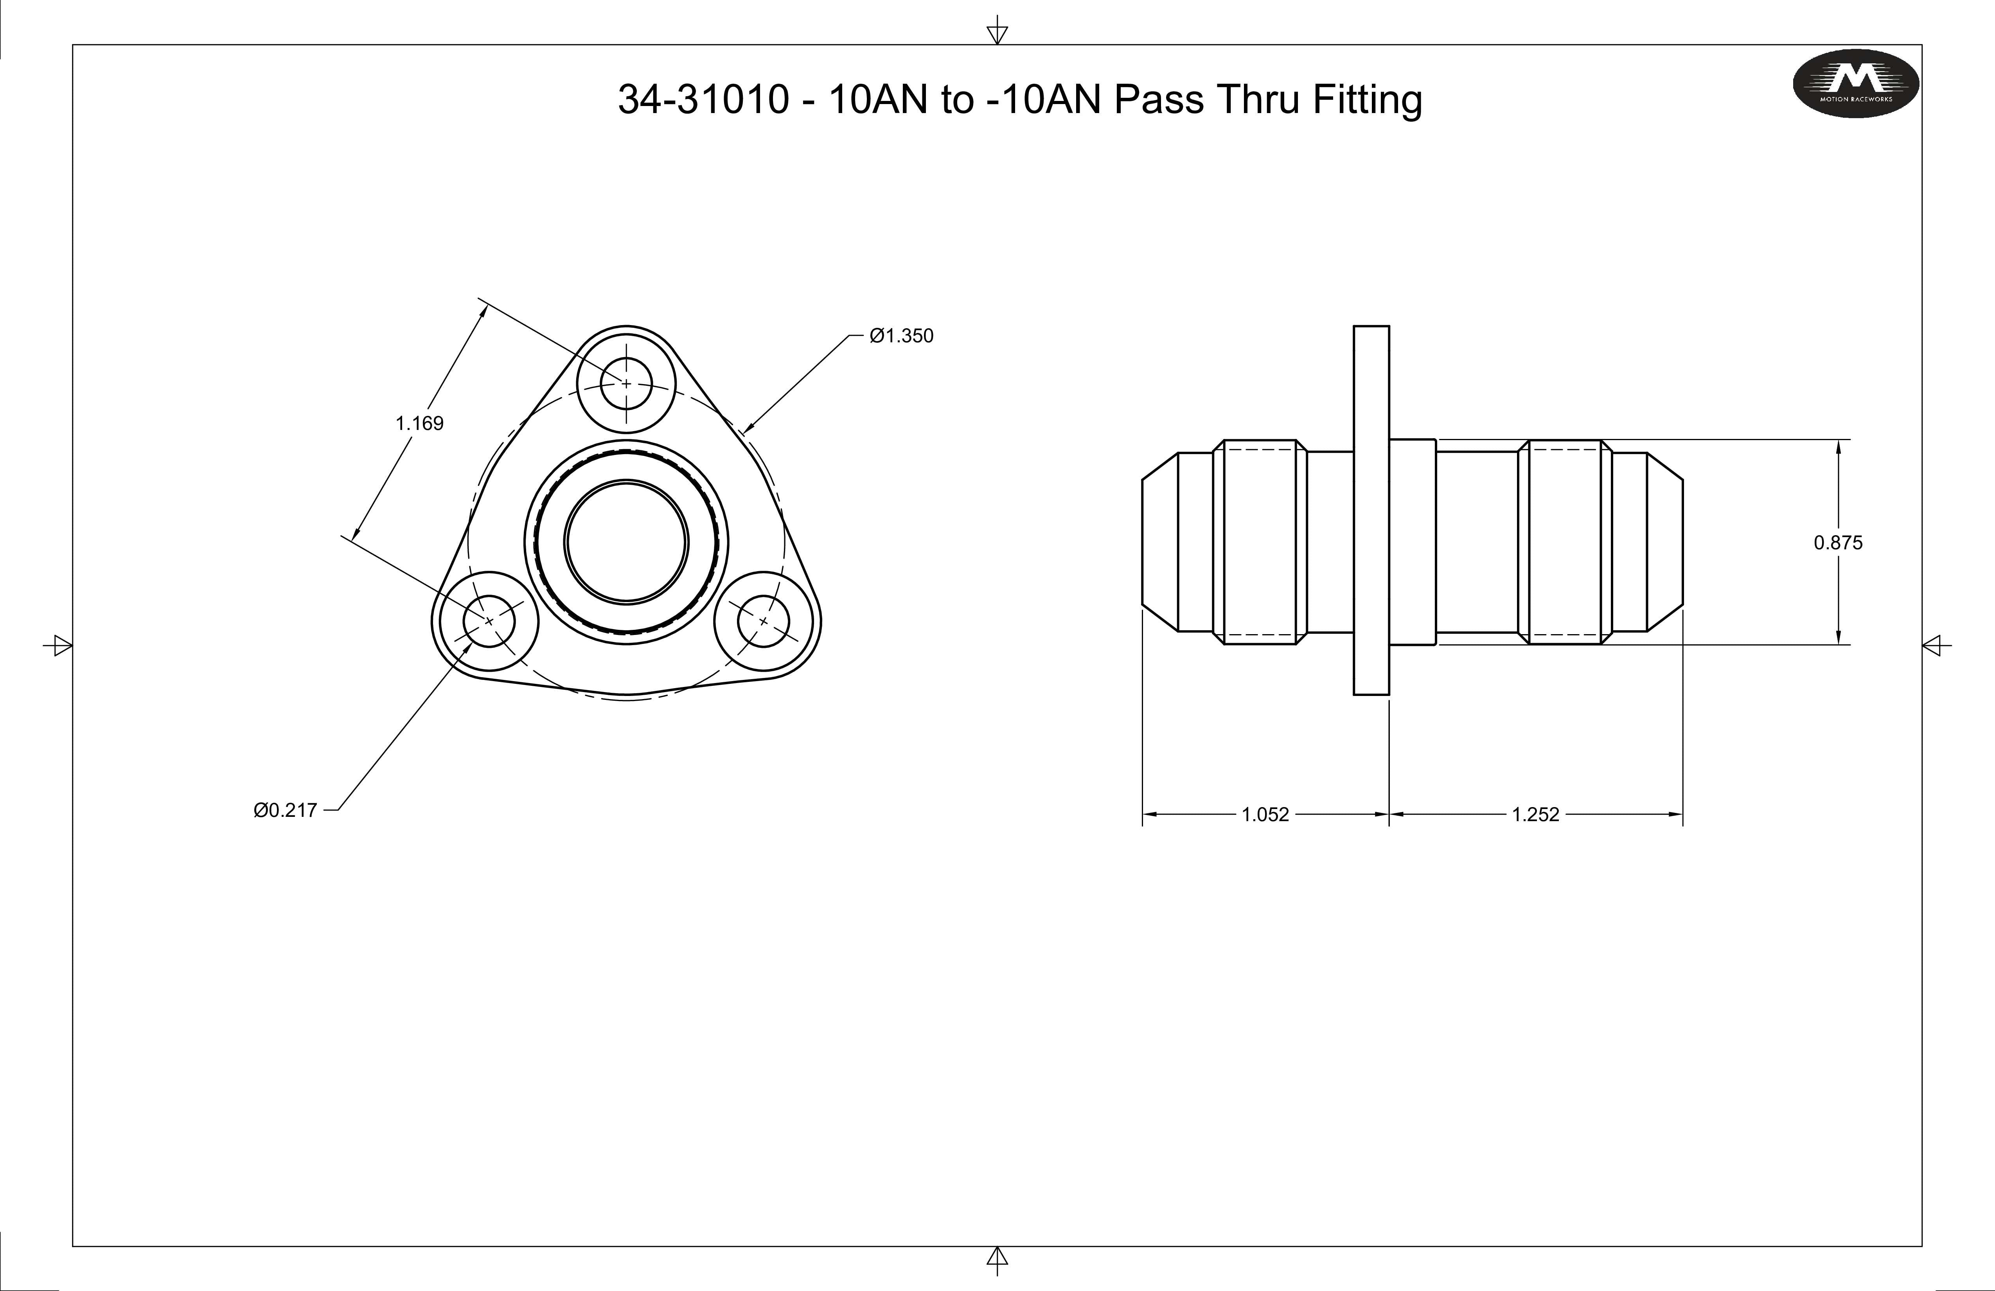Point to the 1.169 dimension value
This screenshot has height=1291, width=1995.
click(419, 423)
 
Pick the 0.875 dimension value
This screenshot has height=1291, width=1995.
click(1837, 542)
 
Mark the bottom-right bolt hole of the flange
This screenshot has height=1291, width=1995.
click(763, 621)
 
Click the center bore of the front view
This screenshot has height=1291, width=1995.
click(626, 541)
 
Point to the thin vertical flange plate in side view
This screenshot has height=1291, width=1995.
click(1371, 510)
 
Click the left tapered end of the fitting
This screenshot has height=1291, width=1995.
click(1159, 541)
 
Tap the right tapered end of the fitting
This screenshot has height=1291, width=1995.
click(1665, 541)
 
